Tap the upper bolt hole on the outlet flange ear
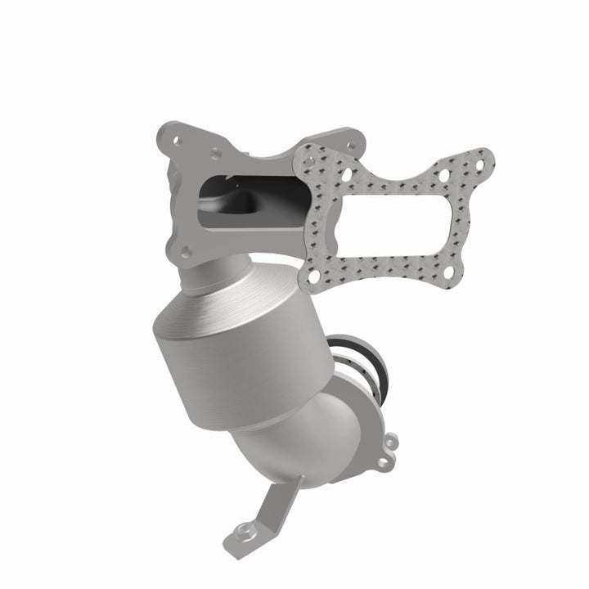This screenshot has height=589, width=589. (390, 443)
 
